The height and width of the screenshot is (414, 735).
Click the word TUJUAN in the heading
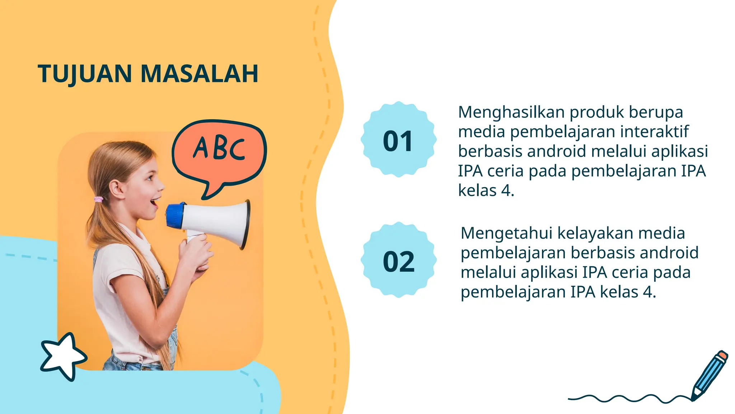pyautogui.click(x=85, y=74)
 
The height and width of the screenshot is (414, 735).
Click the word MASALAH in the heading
pyautogui.click(x=199, y=74)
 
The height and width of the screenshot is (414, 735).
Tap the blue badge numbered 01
pyautogui.click(x=398, y=140)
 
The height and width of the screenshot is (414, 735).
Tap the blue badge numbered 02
pyautogui.click(x=398, y=260)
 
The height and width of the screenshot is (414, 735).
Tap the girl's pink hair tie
pyautogui.click(x=98, y=199)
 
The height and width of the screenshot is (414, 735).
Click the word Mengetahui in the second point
pyautogui.click(x=506, y=233)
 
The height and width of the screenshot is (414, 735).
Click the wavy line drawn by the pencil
pyautogui.click(x=628, y=398)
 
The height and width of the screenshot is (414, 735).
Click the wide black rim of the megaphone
pyautogui.click(x=245, y=225)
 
